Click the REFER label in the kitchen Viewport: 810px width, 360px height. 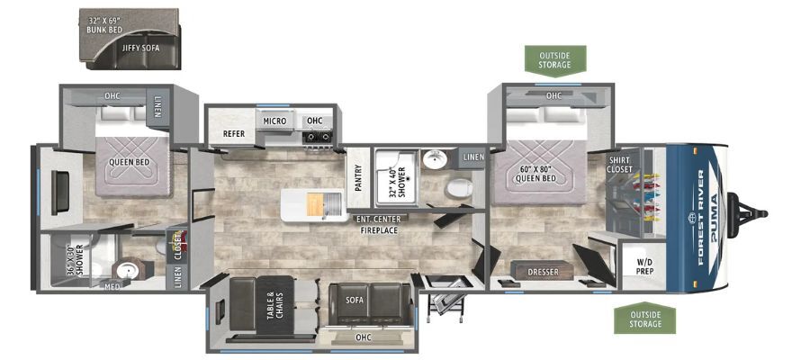(233, 134)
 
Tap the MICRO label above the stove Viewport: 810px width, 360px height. (274, 121)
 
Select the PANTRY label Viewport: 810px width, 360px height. (358, 178)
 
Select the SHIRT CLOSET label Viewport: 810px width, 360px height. (619, 165)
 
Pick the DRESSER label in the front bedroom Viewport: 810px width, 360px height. (543, 272)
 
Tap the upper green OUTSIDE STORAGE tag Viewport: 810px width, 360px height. (554, 60)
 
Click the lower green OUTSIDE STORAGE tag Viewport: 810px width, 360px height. (645, 319)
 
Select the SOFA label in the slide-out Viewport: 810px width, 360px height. (355, 300)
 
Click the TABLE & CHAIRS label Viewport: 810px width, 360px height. (275, 306)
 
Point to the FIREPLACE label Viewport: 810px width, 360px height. (379, 230)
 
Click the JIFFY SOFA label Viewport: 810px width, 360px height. (140, 48)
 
